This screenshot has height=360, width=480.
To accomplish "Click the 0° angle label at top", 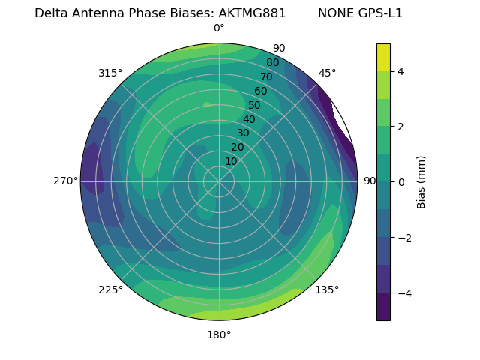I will pyautogui.click(x=219, y=28).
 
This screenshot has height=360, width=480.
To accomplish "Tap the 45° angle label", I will pyautogui.click(x=327, y=73).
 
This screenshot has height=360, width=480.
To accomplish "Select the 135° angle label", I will pyautogui.click(x=327, y=289).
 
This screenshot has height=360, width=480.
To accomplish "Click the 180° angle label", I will pyautogui.click(x=219, y=334).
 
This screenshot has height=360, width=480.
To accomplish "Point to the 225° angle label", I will pyautogui.click(x=110, y=289).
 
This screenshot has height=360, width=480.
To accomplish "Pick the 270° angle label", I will pyautogui.click(x=65, y=181).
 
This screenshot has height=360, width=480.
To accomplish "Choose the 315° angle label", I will pyautogui.click(x=110, y=73).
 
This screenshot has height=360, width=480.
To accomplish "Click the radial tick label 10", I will pyautogui.click(x=231, y=161).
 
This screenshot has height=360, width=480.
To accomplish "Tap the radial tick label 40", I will pyautogui.click(x=249, y=119).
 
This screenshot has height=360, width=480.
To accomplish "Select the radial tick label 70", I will pyautogui.click(x=266, y=76).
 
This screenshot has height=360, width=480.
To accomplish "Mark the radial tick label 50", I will pyautogui.click(x=255, y=105).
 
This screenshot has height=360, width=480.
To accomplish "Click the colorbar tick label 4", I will pyautogui.click(x=401, y=71).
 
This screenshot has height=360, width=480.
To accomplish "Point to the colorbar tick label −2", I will pyautogui.click(x=404, y=238).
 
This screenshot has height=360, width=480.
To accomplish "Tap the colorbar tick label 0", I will pyautogui.click(x=401, y=182).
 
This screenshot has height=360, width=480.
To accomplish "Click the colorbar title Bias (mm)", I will pyautogui.click(x=421, y=182).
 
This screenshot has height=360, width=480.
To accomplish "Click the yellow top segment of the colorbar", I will pyautogui.click(x=383, y=57).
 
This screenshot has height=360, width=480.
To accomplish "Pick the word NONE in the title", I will pyautogui.click(x=334, y=13).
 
